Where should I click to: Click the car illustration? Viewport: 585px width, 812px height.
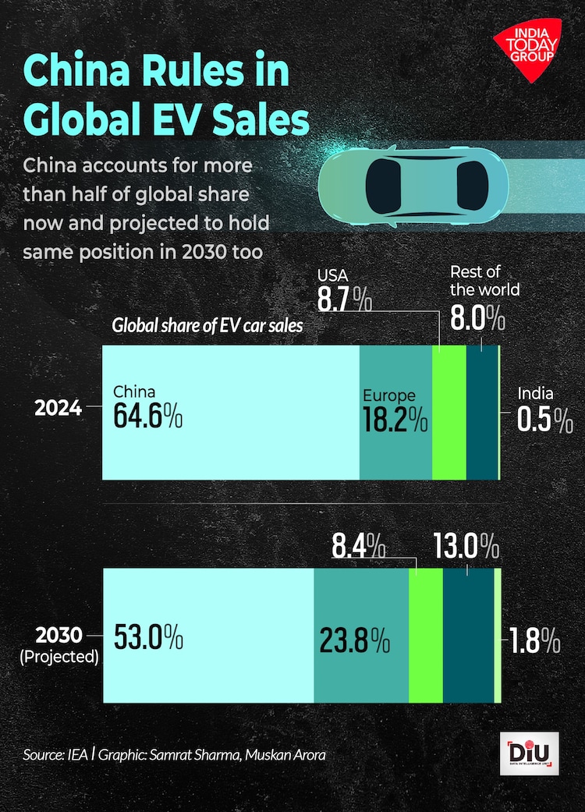413,186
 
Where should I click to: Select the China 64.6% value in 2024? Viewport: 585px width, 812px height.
148,416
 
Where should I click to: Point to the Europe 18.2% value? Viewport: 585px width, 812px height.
395,420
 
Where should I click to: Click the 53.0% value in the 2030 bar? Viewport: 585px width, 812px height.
148,637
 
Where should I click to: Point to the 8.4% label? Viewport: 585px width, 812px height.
358,547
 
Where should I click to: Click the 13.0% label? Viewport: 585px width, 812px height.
466,547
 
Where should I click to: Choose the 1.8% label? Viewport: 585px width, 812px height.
534,640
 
